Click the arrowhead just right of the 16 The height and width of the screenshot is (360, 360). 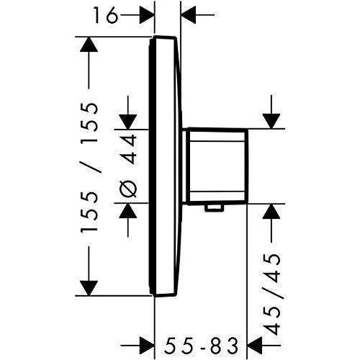147,14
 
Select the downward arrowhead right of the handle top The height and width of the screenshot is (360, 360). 273,119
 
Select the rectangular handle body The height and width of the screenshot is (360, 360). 216,166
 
